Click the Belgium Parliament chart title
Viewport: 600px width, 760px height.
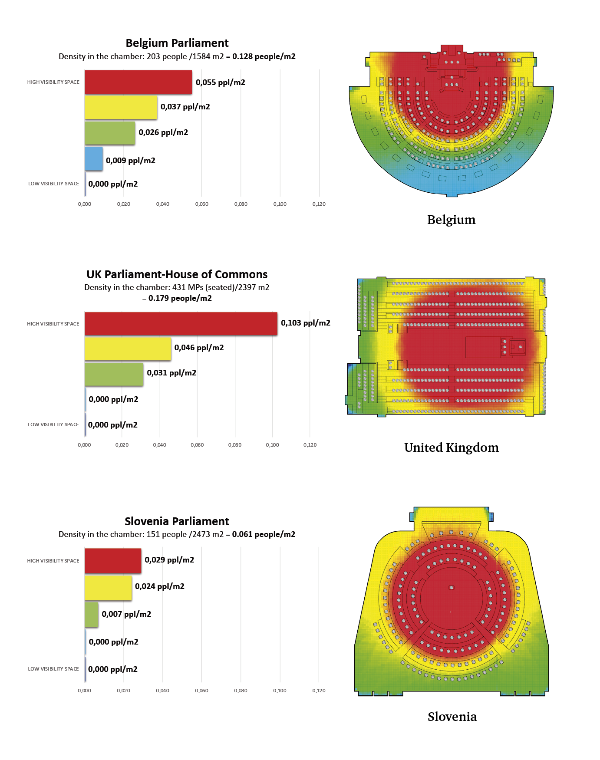click(177, 43)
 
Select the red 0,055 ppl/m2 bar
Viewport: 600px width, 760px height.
click(138, 82)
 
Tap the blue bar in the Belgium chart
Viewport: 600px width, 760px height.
click(94, 159)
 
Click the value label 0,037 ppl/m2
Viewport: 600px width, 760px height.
click(185, 107)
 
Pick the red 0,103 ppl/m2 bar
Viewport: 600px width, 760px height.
click(181, 324)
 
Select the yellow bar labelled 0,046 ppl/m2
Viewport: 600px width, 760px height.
click(128, 349)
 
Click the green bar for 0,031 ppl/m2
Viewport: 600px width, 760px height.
click(114, 374)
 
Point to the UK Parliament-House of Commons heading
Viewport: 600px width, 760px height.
click(177, 274)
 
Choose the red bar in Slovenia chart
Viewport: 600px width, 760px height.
click(113, 561)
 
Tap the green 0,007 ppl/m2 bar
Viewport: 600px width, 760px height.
click(92, 615)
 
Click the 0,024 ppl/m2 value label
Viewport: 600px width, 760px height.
click(160, 586)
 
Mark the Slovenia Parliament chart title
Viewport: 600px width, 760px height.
click(177, 521)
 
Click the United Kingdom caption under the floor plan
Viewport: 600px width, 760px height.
click(452, 447)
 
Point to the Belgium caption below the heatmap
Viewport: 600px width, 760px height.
click(452, 220)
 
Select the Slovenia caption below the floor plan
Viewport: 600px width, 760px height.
click(452, 717)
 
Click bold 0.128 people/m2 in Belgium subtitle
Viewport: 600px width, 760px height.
click(264, 56)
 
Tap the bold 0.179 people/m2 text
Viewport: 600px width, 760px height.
click(180, 298)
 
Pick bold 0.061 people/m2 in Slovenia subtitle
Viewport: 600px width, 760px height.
click(264, 534)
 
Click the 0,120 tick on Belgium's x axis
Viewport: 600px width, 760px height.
click(319, 204)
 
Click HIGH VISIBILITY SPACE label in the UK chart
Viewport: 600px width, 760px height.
click(53, 324)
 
